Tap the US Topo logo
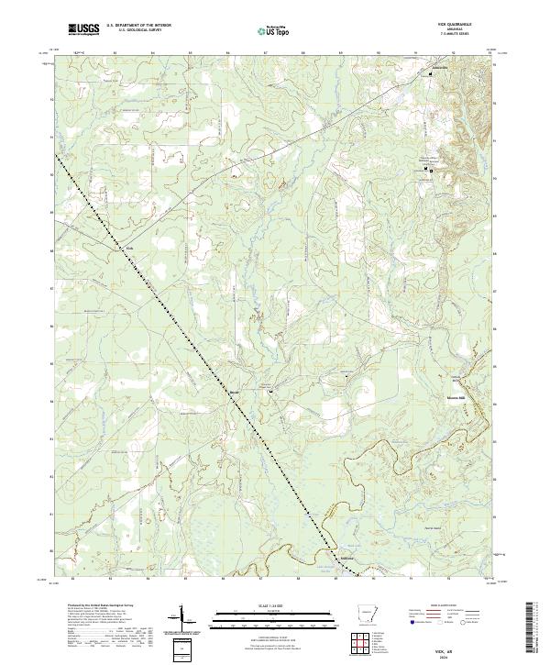coord(275,30)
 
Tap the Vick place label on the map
coord(130,248)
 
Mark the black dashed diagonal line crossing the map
coord(211,365)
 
